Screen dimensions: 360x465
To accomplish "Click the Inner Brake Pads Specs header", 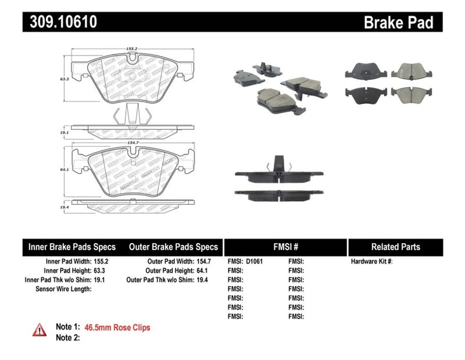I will (72, 247).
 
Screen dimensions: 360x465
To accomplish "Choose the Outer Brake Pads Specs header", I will (173, 247).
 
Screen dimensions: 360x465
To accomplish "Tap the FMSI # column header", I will (285, 247).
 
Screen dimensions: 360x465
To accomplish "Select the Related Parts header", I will (395, 247).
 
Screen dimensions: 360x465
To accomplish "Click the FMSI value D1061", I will (254, 262).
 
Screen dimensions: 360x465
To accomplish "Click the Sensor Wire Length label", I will (63, 289).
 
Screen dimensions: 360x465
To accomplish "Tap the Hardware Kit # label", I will (372, 262).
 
